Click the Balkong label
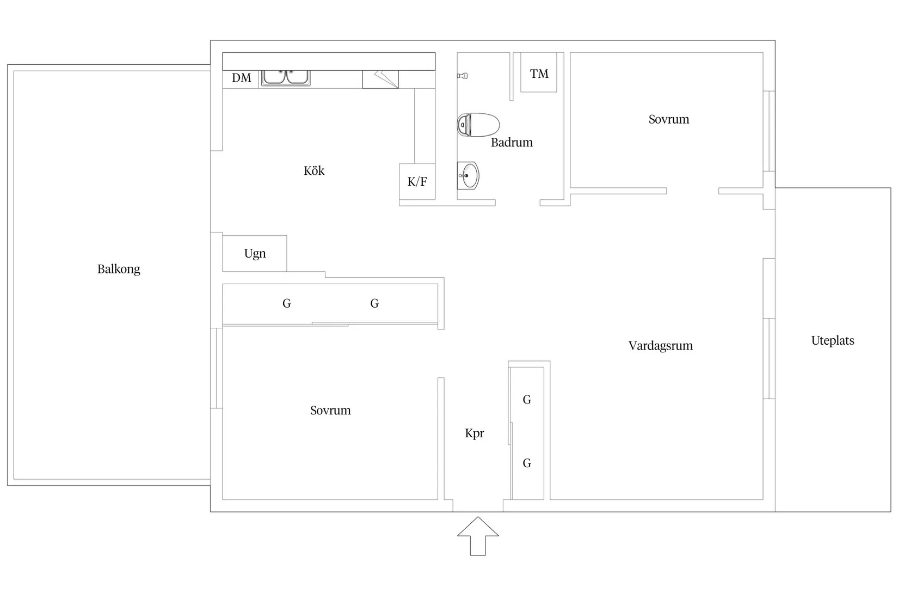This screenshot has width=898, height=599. click(x=119, y=269)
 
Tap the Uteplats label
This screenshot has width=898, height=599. click(x=833, y=341)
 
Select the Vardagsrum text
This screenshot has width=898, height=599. click(x=661, y=346)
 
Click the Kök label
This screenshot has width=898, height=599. click(x=314, y=170)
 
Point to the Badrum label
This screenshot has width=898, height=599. click(x=512, y=143)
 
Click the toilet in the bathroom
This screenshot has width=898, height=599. click(x=478, y=125)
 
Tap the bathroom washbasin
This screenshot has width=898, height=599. click(x=468, y=175)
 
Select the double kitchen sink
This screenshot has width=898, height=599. click(x=285, y=77)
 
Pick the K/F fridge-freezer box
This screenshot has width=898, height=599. click(x=417, y=181)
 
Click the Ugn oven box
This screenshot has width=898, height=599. click(x=255, y=254)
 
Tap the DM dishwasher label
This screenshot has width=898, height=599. click(x=241, y=78)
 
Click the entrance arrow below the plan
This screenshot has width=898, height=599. click(x=478, y=536)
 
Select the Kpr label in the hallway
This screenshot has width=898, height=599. click(x=474, y=433)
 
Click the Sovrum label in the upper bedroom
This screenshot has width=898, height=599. click(x=669, y=119)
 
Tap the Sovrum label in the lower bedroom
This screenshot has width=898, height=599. click(x=330, y=411)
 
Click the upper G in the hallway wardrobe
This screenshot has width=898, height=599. click(x=527, y=400)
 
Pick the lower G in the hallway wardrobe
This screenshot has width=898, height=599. click(x=527, y=463)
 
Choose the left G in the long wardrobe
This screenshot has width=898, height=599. click(x=287, y=304)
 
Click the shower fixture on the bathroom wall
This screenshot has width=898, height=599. click(x=463, y=76)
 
